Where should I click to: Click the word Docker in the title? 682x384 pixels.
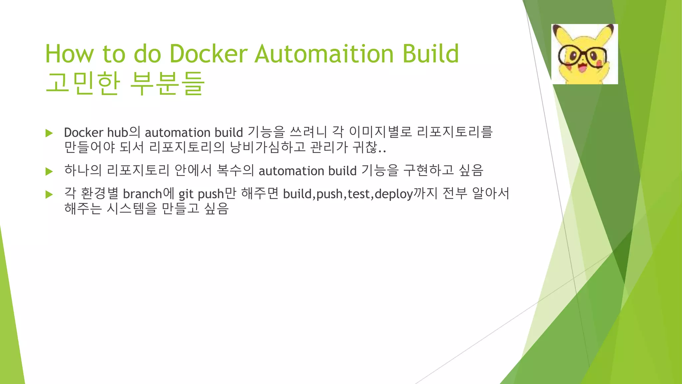pos(208,54)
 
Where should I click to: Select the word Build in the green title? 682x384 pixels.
pos(431,54)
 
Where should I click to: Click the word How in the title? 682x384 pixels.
pos(70,54)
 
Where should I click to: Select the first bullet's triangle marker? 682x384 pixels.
pos(49,133)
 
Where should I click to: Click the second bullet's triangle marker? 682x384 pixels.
pos(49,172)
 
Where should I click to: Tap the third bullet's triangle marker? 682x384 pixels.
pos(49,194)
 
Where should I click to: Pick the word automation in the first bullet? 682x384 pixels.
pos(177,133)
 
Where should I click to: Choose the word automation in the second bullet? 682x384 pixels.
pos(291,171)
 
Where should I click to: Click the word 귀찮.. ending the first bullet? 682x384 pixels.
pos(369,147)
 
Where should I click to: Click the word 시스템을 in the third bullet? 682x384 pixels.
pos(132,209)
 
